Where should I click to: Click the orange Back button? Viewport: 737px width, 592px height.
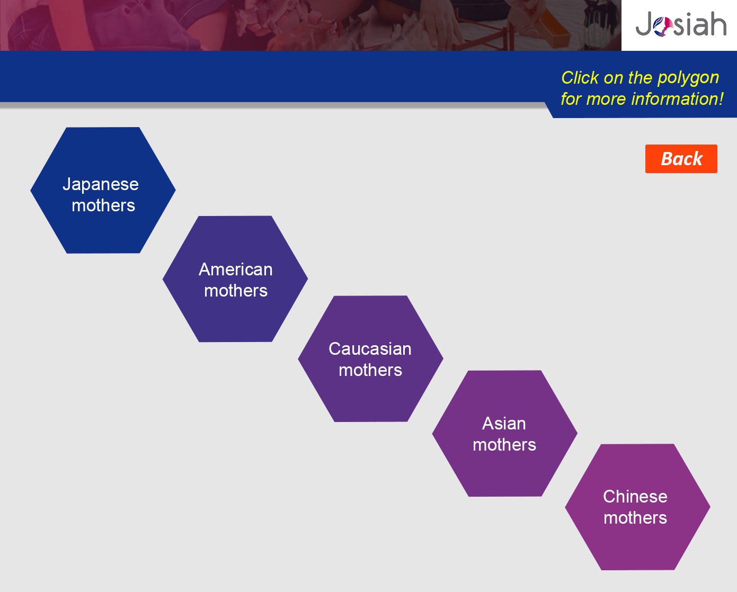tap(681, 159)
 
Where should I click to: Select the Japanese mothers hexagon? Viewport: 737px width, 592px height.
tap(103, 191)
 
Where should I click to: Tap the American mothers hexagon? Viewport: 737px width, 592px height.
tap(235, 279)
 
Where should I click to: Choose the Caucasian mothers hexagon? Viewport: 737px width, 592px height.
tap(370, 359)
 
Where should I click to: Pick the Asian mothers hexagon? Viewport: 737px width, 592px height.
tap(505, 434)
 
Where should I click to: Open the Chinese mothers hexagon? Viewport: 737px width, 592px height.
tap(638, 507)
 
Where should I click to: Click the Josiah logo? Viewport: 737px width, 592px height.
tap(681, 24)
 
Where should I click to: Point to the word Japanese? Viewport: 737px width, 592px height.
tap(101, 185)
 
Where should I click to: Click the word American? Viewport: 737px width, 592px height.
tap(236, 270)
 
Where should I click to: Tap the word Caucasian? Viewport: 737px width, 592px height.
tap(370, 349)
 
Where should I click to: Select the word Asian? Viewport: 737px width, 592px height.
tap(504, 424)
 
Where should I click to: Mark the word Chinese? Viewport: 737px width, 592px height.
tap(635, 497)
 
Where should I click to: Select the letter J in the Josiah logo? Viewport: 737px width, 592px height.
tap(644, 23)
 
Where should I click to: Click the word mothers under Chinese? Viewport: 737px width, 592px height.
tap(635, 518)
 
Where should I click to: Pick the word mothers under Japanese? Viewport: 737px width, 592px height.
tap(103, 205)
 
